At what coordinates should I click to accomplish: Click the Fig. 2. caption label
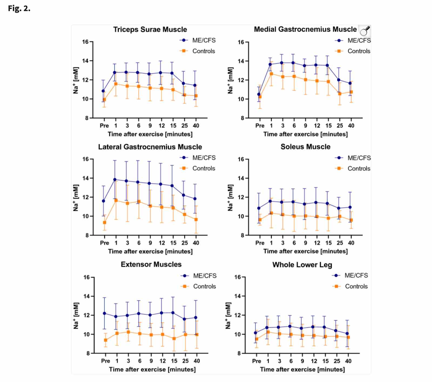point(19,8)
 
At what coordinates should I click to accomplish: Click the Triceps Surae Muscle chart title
point(150,29)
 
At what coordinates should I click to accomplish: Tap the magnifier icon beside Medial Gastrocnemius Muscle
point(365,31)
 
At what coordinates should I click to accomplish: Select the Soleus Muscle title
point(305,147)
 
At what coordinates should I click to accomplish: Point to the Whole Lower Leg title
point(302,265)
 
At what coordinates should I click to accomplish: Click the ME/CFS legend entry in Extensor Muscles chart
point(205,276)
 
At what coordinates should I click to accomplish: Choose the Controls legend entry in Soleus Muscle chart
point(359,168)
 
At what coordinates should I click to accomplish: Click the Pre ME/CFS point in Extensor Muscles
point(104,313)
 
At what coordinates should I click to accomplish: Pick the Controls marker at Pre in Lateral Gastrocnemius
point(104,222)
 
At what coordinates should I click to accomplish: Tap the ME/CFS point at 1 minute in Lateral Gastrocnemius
point(115,180)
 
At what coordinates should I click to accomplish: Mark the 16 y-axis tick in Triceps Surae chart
point(85,42)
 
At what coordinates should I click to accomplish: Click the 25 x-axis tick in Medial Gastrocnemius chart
point(340,126)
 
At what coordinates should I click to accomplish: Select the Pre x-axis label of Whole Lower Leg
point(256,361)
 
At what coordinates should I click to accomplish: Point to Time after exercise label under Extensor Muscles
point(152,369)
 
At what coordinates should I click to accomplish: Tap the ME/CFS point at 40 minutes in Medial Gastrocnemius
point(350,83)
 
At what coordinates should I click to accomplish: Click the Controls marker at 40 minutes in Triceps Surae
point(196,96)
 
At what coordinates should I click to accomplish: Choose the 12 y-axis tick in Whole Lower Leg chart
point(238,315)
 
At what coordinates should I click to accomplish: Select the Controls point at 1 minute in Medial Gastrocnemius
point(271,74)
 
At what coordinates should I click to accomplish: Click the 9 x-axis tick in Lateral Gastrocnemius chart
point(150,243)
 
